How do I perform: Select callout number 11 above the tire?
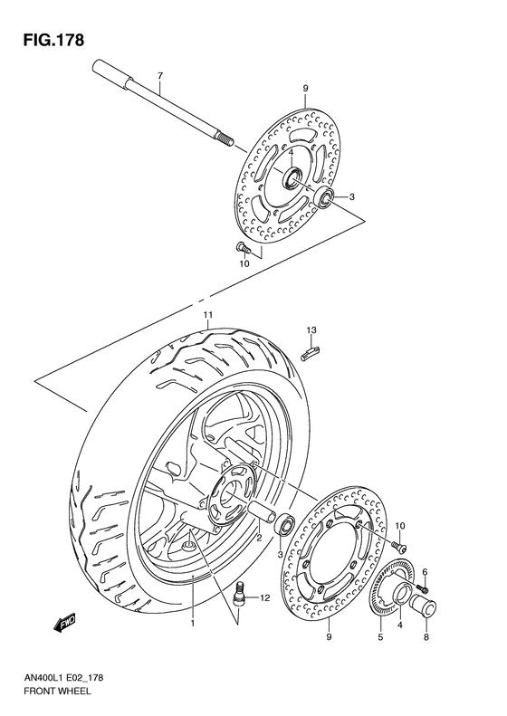point(207,315)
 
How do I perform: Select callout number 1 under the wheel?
point(192,624)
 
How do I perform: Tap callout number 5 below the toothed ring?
point(380,637)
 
